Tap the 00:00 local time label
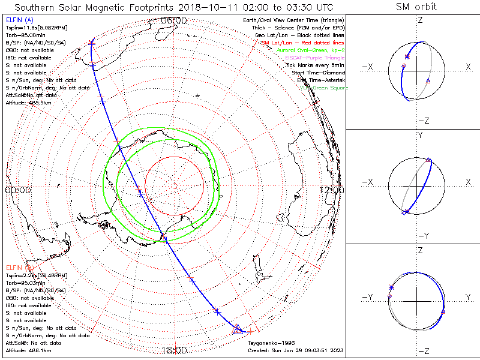(17, 190)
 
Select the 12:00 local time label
(332, 190)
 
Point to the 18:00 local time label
(175, 350)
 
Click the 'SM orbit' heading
(416, 7)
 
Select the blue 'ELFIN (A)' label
(19, 20)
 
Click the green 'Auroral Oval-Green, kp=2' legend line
(311, 50)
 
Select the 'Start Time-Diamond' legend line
(319, 73)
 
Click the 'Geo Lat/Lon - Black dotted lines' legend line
(299, 35)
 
